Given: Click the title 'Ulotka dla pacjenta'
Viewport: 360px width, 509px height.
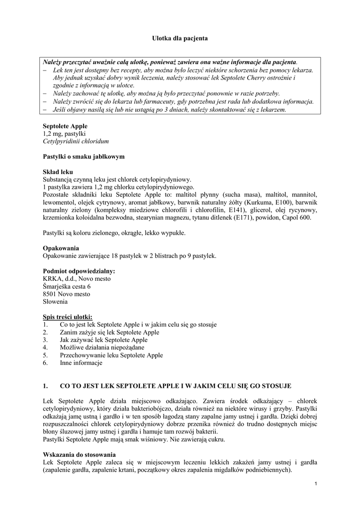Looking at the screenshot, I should [180, 38].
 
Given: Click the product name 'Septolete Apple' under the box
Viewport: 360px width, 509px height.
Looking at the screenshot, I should [65, 127].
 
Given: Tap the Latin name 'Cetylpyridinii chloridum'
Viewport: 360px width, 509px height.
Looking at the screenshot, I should [76, 142].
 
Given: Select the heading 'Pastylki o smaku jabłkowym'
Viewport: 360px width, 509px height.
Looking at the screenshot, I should [84, 157].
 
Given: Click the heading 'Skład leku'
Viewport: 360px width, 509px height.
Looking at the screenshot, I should [58, 171].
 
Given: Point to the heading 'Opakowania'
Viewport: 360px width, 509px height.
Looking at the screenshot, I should [61, 248].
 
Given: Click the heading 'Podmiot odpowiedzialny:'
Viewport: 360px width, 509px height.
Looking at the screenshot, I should [79, 271].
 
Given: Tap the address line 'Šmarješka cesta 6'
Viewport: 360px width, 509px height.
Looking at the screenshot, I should [67, 286].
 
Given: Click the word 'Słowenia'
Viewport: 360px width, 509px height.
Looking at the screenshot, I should [56, 301].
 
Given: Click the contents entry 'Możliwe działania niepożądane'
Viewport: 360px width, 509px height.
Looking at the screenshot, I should [100, 347].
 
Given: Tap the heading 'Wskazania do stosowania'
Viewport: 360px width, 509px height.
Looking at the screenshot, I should [80, 454].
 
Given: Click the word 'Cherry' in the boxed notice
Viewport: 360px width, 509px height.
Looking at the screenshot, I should [263, 78].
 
